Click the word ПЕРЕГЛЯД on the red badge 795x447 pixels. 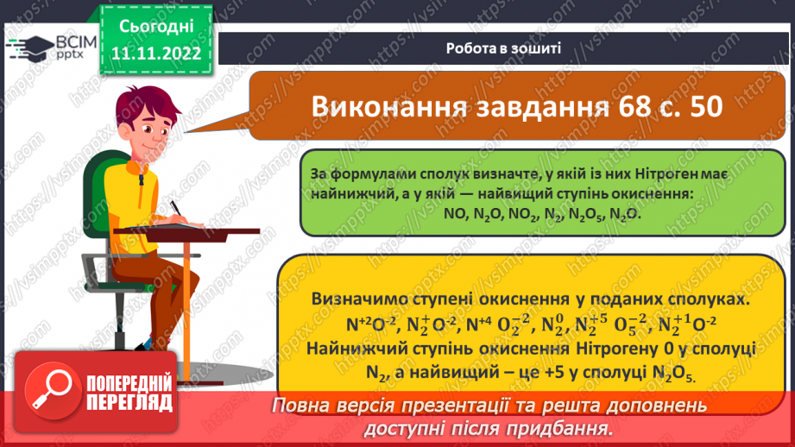(x=130, y=403)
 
